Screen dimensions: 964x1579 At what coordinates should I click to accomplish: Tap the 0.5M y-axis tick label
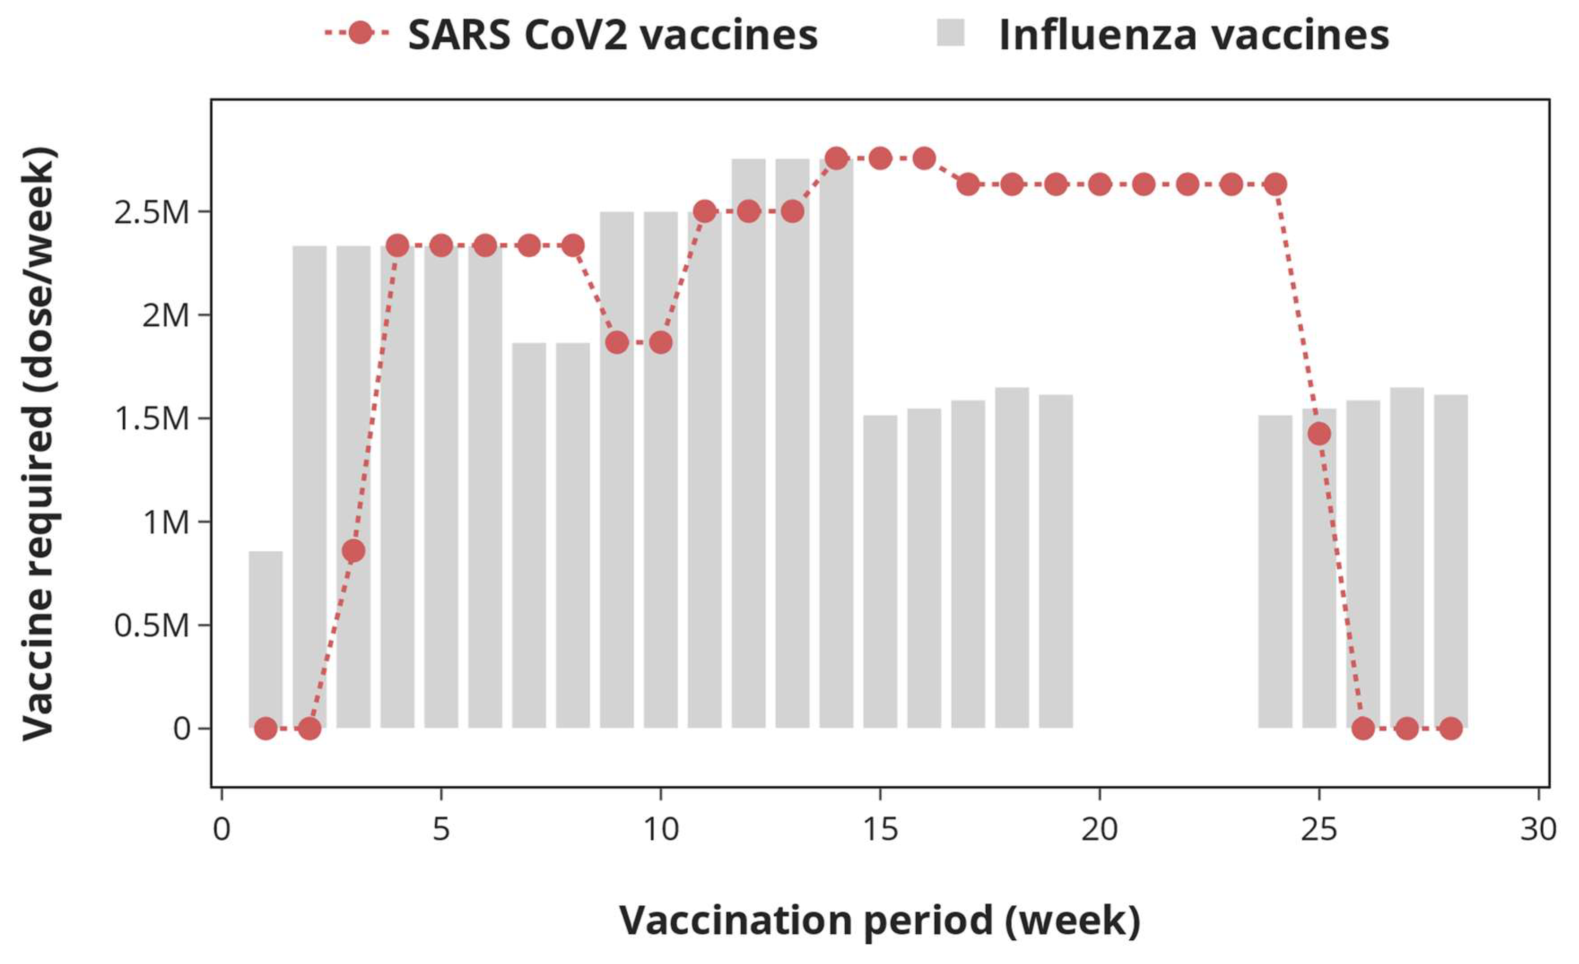152,625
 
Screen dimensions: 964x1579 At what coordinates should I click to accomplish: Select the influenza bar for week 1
265,640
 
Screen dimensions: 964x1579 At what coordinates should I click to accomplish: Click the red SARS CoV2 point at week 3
354,550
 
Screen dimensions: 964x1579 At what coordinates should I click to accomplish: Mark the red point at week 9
616,343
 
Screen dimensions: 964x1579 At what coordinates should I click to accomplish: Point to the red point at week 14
836,158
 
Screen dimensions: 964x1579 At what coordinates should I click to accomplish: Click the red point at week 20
1100,185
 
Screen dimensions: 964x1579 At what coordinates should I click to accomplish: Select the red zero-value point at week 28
1451,728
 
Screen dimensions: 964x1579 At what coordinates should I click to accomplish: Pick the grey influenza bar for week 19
1055,564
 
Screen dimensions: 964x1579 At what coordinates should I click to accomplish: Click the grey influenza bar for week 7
529,538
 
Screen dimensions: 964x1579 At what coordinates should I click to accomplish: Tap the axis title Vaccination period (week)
879,921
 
